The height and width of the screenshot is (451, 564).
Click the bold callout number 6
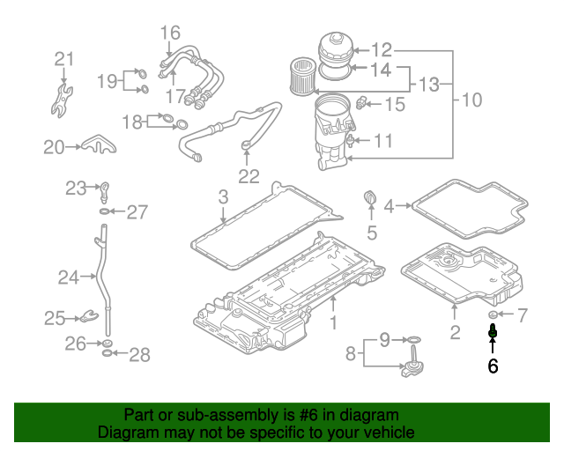pyautogui.click(x=493, y=366)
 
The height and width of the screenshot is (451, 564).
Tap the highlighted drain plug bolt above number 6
pyautogui.click(x=493, y=331)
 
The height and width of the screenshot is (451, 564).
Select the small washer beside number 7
pyautogui.click(x=493, y=314)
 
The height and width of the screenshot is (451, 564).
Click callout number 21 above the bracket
pyautogui.click(x=64, y=59)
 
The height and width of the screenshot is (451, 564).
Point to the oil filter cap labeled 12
pyautogui.click(x=336, y=49)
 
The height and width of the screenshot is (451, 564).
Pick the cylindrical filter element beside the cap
pyautogui.click(x=302, y=77)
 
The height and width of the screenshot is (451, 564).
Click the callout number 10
pyautogui.click(x=471, y=100)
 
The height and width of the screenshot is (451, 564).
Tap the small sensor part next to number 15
pyautogui.click(x=361, y=104)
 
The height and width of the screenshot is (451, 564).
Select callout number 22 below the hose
pyautogui.click(x=249, y=176)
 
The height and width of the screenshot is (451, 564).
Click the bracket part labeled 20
pyautogui.click(x=98, y=144)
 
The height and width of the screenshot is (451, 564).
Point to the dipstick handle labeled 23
pyautogui.click(x=104, y=192)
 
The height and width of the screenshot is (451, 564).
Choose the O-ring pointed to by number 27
pyautogui.click(x=105, y=211)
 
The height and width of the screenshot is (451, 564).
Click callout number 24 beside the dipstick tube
pyautogui.click(x=69, y=277)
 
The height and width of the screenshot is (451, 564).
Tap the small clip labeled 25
pyautogui.click(x=88, y=316)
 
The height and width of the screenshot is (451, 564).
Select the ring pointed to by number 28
pyautogui.click(x=107, y=353)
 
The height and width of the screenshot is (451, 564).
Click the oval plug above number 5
pyautogui.click(x=370, y=197)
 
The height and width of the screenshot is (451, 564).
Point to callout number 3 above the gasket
pyautogui.click(x=223, y=197)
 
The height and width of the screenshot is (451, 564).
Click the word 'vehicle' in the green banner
pyautogui.click(x=390, y=432)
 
